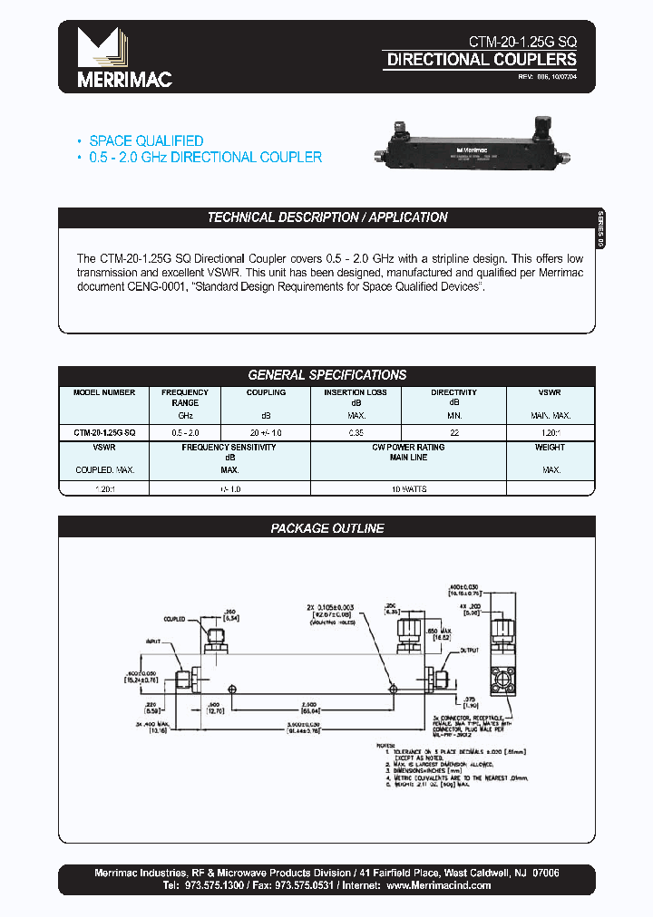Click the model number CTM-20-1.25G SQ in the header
(521, 42)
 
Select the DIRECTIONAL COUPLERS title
(482, 60)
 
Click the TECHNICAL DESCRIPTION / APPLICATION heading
(327, 217)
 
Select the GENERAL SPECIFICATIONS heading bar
(327, 375)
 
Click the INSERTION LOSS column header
(356, 392)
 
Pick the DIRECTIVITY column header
(453, 392)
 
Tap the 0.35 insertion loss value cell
(356, 433)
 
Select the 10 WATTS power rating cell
(408, 488)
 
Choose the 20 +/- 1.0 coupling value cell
(266, 433)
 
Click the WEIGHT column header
(551, 448)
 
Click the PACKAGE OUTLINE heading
(327, 528)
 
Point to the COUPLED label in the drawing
(174, 620)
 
